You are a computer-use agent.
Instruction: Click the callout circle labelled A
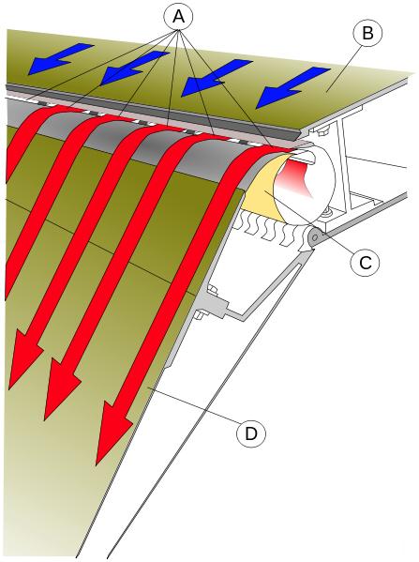pos(178,17)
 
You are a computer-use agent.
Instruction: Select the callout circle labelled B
pos(367,33)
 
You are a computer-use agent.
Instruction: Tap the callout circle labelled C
pos(365,263)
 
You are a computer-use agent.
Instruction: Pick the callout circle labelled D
pos(251,434)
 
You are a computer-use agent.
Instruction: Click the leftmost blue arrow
pos(59,59)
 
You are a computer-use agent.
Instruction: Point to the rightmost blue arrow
pos(292,87)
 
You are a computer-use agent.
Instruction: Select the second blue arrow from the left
pos(133,68)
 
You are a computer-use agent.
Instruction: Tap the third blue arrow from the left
pos(214,78)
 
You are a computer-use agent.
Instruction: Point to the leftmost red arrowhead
pos(24,361)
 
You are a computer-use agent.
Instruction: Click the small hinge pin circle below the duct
pos(315,237)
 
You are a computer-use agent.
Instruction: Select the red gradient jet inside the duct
pos(298,177)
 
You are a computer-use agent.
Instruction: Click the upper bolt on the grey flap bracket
pos(213,290)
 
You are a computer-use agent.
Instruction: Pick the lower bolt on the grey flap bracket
pos(198,315)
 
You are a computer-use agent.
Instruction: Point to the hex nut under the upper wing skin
pos(322,132)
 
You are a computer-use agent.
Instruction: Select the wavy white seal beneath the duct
pos(272,230)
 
